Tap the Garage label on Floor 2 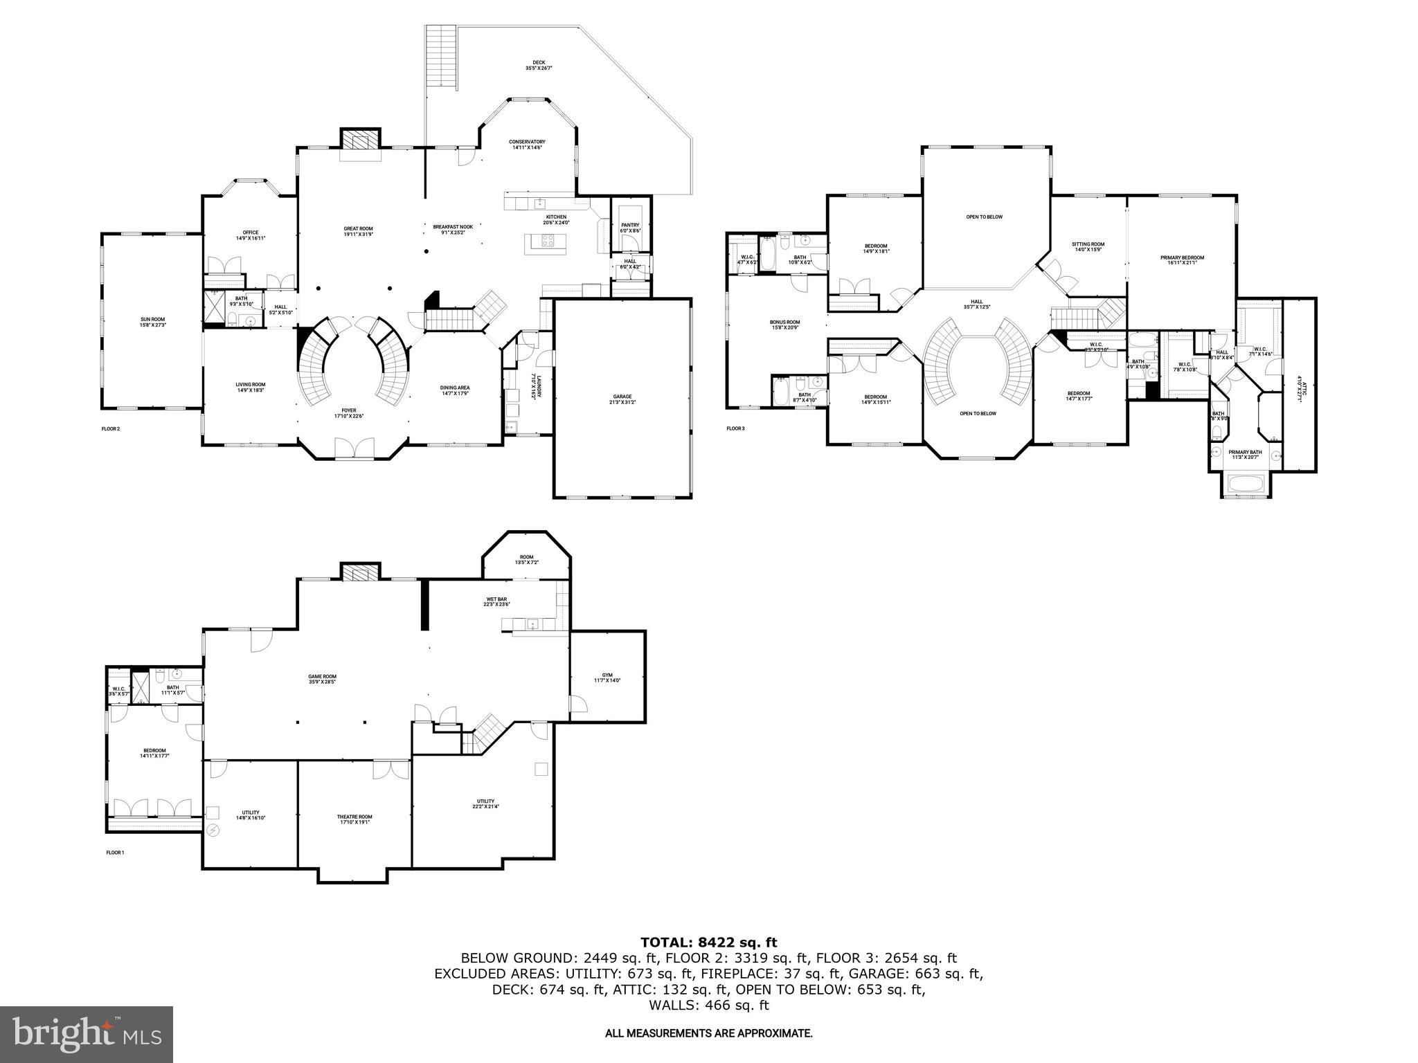(622, 399)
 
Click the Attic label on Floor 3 (1300, 388)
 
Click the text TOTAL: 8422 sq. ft (708, 942)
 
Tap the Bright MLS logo (87, 1035)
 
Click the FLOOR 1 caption (115, 853)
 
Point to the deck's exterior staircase (441, 55)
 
